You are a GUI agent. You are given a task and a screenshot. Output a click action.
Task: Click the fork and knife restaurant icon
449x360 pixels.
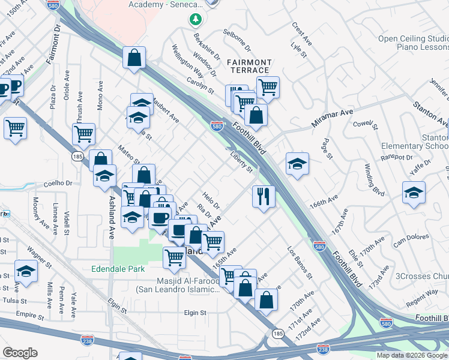pos(262,196)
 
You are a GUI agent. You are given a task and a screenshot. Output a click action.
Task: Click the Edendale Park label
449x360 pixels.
pos(118,269)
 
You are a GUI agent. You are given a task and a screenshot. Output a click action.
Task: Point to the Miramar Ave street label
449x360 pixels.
pos(332,117)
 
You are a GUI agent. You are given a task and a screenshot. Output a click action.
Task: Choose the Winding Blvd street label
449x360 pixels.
pos(375,179)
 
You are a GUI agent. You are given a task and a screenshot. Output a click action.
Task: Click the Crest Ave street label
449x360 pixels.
pos(302,34)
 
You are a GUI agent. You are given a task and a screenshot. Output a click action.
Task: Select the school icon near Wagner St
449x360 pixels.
pos(26,272)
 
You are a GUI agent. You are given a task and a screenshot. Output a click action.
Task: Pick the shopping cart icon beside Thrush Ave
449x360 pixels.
pos(84,134)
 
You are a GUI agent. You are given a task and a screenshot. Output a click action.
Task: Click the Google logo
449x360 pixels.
pos(21,353)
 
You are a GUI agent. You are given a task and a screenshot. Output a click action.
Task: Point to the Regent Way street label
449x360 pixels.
pos(422,298)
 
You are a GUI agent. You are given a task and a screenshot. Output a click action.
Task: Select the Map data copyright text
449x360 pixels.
pos(411,355)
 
